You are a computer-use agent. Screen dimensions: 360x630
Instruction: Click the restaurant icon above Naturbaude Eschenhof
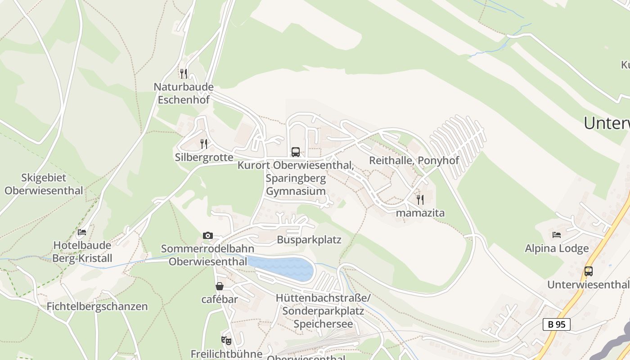click(x=183, y=73)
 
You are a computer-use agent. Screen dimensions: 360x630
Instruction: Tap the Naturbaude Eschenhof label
click(x=184, y=93)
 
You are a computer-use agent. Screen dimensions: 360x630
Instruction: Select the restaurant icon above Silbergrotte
click(x=204, y=144)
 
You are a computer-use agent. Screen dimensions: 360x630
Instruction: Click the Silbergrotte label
click(x=204, y=157)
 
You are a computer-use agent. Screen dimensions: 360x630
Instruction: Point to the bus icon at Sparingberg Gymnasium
click(x=295, y=152)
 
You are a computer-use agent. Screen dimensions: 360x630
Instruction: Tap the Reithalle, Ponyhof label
click(x=414, y=160)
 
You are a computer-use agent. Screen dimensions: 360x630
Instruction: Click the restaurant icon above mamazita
click(x=420, y=199)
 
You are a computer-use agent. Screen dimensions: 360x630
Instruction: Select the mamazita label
click(x=420, y=213)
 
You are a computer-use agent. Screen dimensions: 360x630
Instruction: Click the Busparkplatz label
click(x=309, y=240)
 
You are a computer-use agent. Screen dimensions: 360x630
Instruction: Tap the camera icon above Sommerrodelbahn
click(x=207, y=235)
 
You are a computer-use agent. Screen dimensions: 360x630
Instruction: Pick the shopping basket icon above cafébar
click(x=220, y=286)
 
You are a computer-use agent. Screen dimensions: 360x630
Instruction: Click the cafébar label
click(x=220, y=299)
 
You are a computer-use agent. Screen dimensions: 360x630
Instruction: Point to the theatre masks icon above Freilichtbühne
click(x=226, y=341)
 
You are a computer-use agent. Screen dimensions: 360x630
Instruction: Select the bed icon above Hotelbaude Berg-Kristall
click(x=82, y=232)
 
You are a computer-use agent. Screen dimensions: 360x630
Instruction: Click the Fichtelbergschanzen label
click(x=97, y=306)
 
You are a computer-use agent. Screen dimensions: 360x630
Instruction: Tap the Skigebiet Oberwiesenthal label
click(x=44, y=184)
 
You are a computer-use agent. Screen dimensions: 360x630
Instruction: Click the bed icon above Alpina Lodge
click(x=557, y=235)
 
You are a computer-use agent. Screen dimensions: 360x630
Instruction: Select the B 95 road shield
click(x=556, y=324)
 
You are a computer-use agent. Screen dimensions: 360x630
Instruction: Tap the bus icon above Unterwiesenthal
click(x=588, y=271)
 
